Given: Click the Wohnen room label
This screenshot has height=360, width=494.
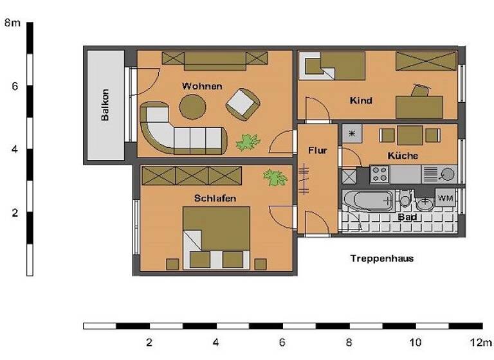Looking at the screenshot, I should click(202, 86).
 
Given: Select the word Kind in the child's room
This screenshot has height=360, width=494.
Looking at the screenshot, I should click(361, 101).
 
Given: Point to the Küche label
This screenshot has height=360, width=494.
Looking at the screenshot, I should click(403, 156).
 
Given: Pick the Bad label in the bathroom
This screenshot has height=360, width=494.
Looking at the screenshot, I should click(407, 217).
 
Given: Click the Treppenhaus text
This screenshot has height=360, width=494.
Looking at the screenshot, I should click(381, 259).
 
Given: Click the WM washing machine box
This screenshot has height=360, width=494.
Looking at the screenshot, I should click(446, 199).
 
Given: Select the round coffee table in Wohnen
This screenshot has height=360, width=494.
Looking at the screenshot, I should click(192, 107).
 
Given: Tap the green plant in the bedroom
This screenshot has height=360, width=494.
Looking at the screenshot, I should click(275, 177).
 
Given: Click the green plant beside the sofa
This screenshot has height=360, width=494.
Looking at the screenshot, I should click(247, 142).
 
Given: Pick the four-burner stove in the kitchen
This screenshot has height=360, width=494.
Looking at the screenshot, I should click(379, 174).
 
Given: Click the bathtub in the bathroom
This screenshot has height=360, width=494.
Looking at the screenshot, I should click(367, 201).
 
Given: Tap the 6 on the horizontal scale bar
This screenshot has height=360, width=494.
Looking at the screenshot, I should click(282, 341).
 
